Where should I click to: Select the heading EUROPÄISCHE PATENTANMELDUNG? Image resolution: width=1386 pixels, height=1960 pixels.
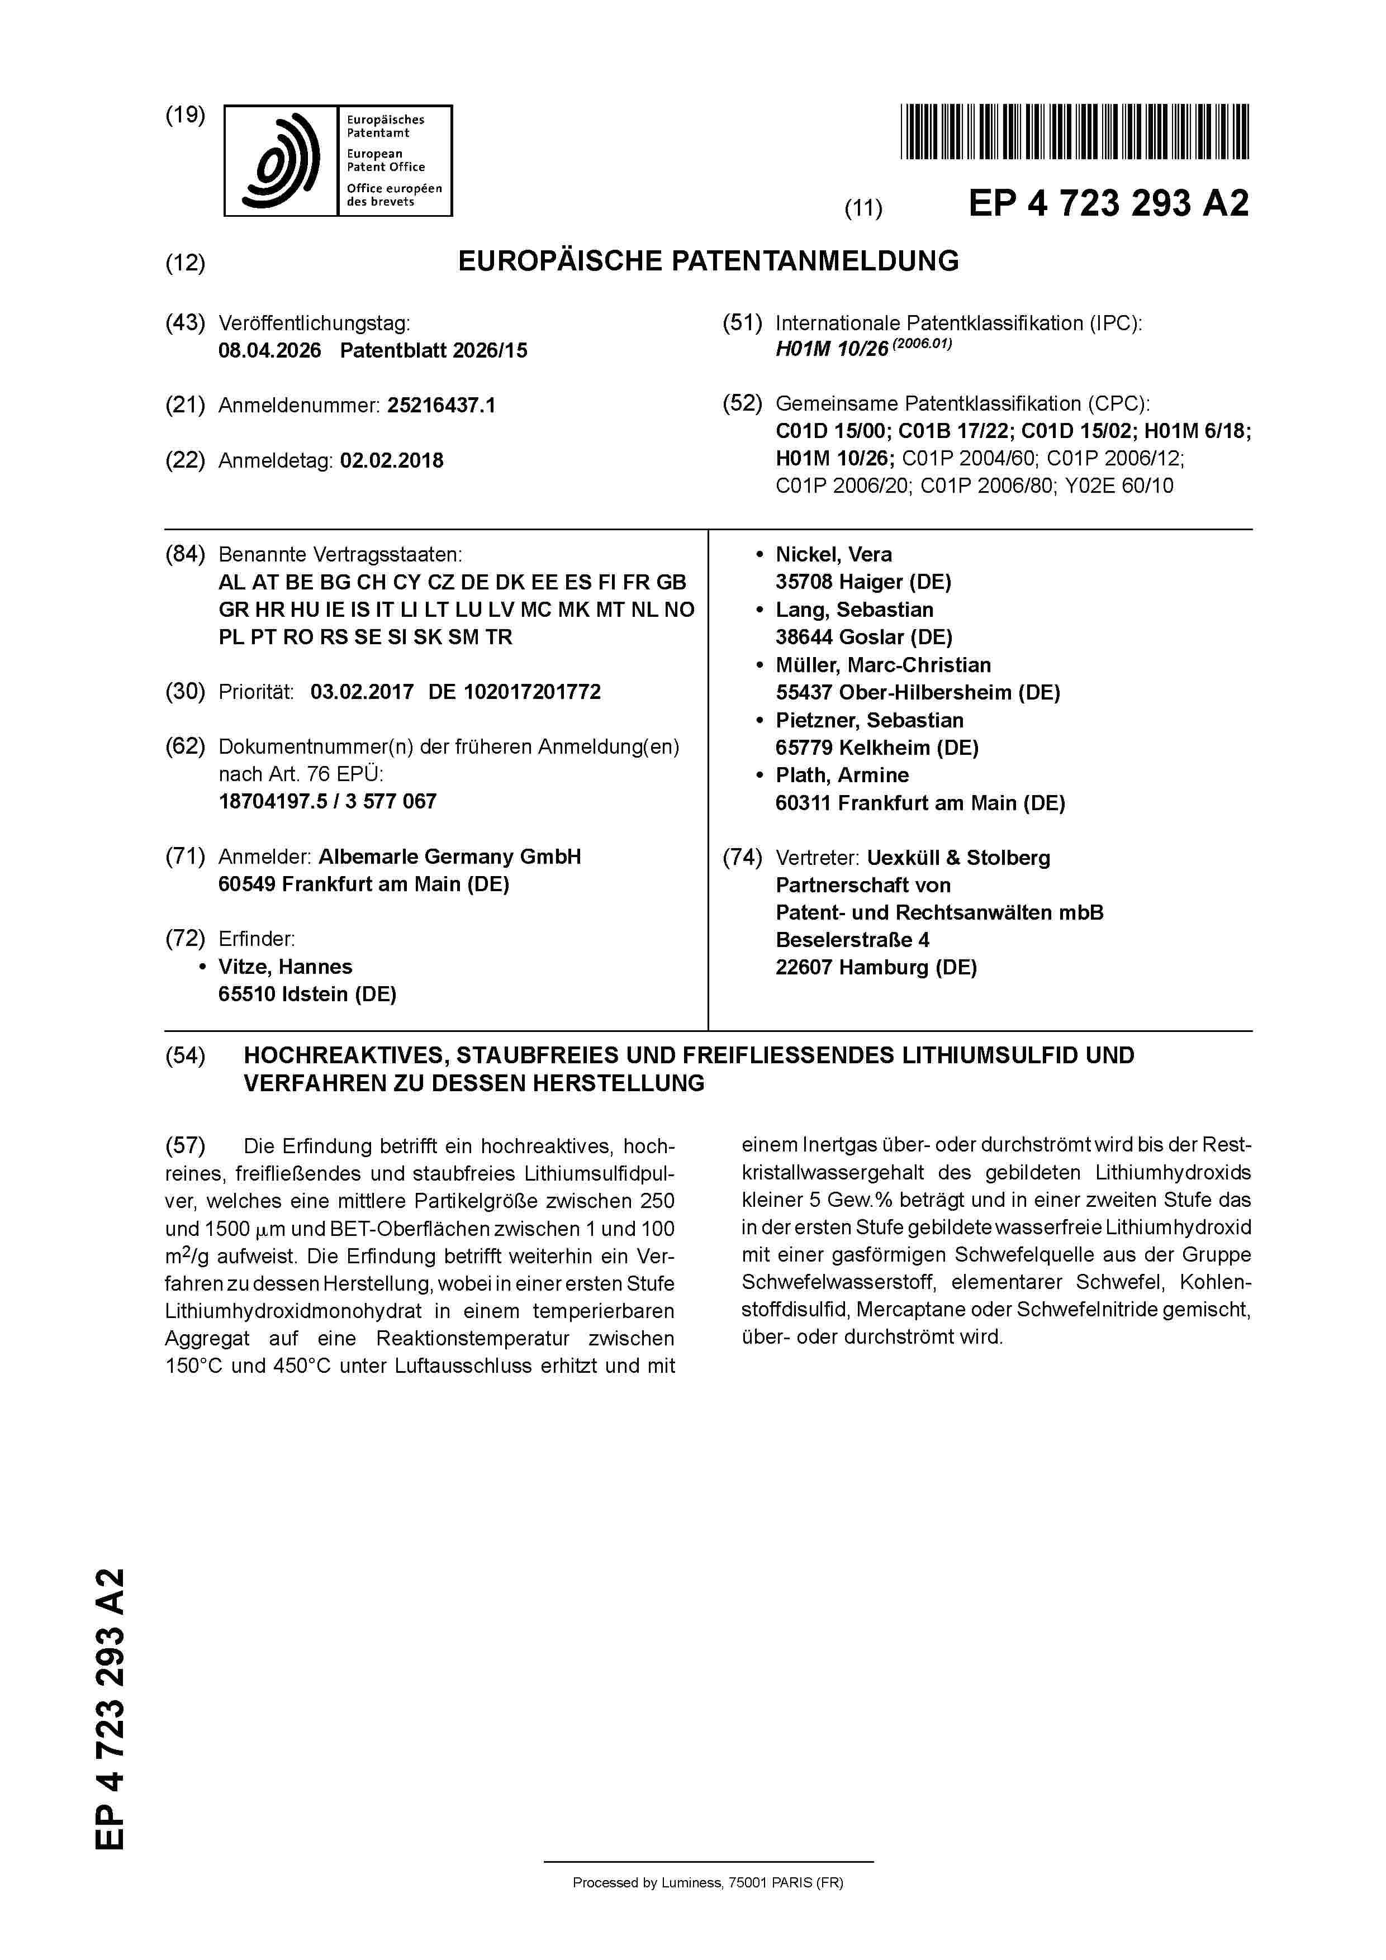(708, 261)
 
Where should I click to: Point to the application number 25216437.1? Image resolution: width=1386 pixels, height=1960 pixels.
(440, 406)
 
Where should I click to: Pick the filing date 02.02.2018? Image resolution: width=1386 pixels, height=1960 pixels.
(391, 461)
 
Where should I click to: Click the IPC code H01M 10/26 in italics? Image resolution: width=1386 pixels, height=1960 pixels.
(831, 350)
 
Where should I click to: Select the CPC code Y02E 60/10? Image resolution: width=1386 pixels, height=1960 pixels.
(1119, 486)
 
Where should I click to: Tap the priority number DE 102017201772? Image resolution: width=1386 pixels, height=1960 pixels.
(514, 692)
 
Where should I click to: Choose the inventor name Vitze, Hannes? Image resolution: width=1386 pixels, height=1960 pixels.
(285, 967)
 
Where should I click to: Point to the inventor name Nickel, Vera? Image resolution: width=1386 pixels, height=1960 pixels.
(833, 554)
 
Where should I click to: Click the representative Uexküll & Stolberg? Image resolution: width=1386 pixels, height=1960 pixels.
(958, 858)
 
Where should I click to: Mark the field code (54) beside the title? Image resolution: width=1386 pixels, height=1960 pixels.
(186, 1056)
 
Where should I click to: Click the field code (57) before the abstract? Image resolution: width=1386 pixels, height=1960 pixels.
(186, 1145)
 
